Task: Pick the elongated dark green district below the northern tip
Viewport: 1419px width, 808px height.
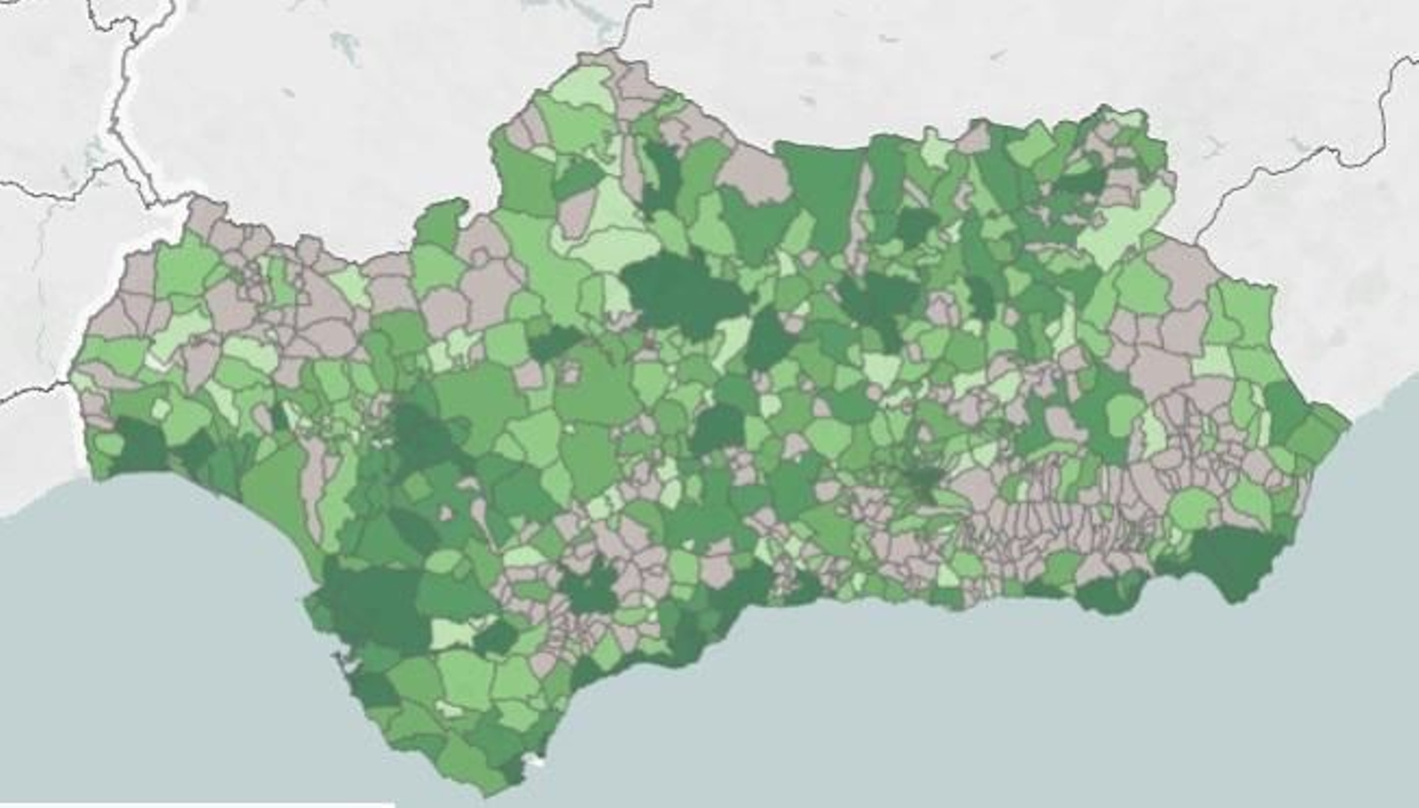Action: (661, 173)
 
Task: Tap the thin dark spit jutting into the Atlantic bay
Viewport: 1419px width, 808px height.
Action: (337, 661)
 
